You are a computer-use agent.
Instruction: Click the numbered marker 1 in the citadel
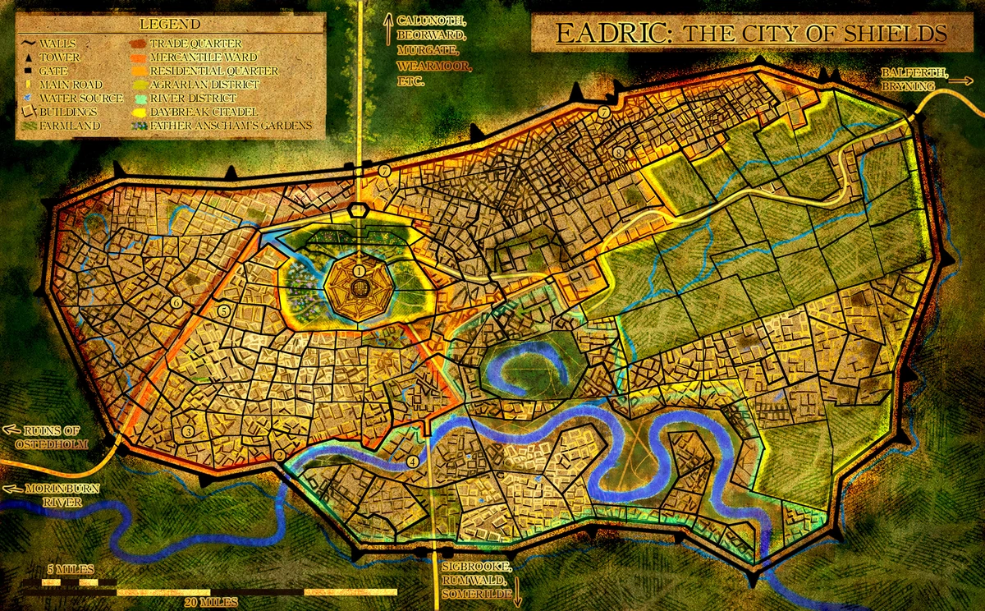pyautogui.click(x=360, y=270)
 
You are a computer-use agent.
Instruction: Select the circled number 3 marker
pyautogui.click(x=188, y=431)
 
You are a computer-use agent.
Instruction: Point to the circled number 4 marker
pyautogui.click(x=412, y=462)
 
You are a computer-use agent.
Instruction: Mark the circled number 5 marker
pyautogui.click(x=223, y=311)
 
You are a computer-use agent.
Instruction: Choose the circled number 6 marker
pyautogui.click(x=176, y=303)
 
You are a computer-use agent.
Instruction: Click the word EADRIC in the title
pyautogui.click(x=602, y=34)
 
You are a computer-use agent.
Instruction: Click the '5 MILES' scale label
pyautogui.click(x=70, y=569)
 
